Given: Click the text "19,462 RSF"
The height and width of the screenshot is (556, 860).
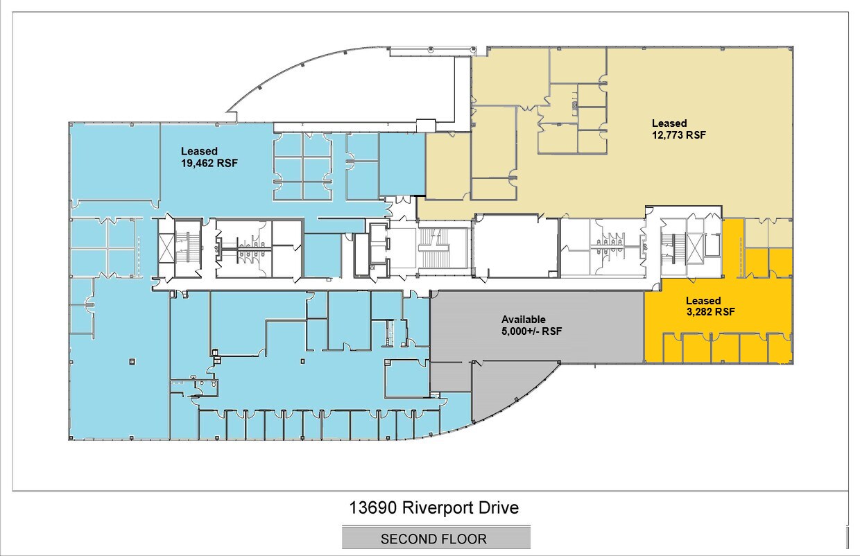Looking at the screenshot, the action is (x=209, y=163).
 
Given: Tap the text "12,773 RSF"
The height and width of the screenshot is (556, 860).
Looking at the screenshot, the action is (x=679, y=135).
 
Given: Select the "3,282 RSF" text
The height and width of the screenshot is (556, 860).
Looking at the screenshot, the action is (x=711, y=312).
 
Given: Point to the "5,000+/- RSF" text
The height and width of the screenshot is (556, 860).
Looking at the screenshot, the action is (x=532, y=331).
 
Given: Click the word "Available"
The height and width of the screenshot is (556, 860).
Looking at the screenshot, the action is (x=524, y=319).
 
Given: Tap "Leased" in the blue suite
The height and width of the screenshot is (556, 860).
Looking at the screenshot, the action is (x=199, y=151).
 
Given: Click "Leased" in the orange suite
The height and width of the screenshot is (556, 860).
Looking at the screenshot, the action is (x=703, y=301).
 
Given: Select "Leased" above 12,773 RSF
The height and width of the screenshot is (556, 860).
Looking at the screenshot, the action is (x=669, y=123).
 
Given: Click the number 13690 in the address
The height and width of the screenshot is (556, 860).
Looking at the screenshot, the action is (x=372, y=508).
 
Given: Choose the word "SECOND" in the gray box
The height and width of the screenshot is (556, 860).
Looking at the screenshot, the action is (x=407, y=539).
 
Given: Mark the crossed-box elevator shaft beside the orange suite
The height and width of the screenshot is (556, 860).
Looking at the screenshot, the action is (x=694, y=248).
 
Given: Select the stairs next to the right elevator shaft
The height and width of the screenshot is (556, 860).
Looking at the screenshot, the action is (x=674, y=248).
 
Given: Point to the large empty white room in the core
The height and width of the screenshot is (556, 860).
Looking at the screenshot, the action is (x=515, y=245).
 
